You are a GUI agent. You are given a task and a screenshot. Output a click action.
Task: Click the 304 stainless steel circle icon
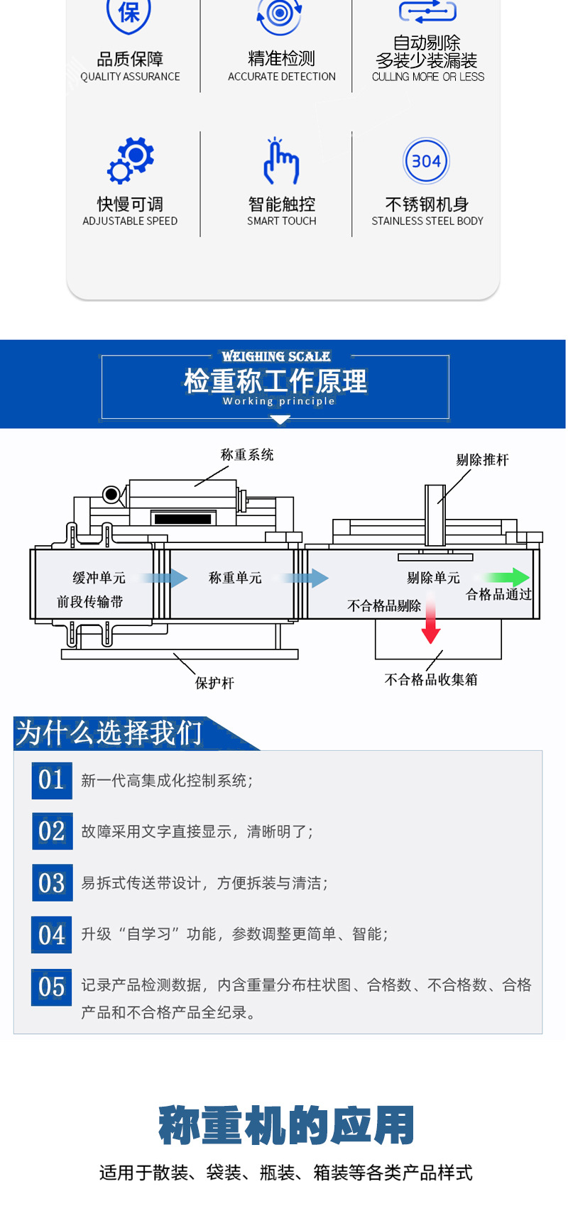pyautogui.click(x=426, y=161)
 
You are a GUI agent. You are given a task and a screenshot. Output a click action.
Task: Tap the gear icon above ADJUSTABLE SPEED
pyautogui.click(x=131, y=160)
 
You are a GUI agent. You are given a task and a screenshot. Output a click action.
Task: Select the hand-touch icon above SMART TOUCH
pyautogui.click(x=281, y=162)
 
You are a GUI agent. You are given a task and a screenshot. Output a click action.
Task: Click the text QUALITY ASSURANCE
pyautogui.click(x=130, y=77)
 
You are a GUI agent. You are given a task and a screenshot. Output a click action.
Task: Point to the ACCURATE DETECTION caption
pyautogui.click(x=282, y=77)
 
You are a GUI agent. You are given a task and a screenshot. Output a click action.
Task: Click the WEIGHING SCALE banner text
pyautogui.click(x=275, y=356)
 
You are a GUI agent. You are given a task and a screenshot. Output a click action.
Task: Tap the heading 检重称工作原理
pyautogui.click(x=275, y=381)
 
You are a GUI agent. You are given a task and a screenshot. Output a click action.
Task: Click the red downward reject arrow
pyautogui.click(x=430, y=619)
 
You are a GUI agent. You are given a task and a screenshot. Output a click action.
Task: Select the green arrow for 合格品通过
pyautogui.click(x=508, y=577)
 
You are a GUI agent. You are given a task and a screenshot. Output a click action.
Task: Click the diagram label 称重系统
pyautogui.click(x=247, y=454)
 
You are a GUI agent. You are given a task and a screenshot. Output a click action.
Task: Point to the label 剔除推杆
pyautogui.click(x=482, y=460)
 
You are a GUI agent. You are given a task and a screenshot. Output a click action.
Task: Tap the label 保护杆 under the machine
pyautogui.click(x=214, y=683)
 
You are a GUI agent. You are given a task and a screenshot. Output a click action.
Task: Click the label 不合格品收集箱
pyautogui.click(x=431, y=679)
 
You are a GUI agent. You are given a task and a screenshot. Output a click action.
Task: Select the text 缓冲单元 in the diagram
pyautogui.click(x=99, y=578)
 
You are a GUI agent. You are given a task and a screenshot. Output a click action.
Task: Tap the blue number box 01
pyautogui.click(x=52, y=780)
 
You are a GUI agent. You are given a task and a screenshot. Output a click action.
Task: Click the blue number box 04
pyautogui.click(x=52, y=935)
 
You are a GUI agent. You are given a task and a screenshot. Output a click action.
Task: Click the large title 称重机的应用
pyautogui.click(x=286, y=1126)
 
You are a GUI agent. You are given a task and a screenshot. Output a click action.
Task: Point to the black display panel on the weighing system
pyautogui.click(x=182, y=519)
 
